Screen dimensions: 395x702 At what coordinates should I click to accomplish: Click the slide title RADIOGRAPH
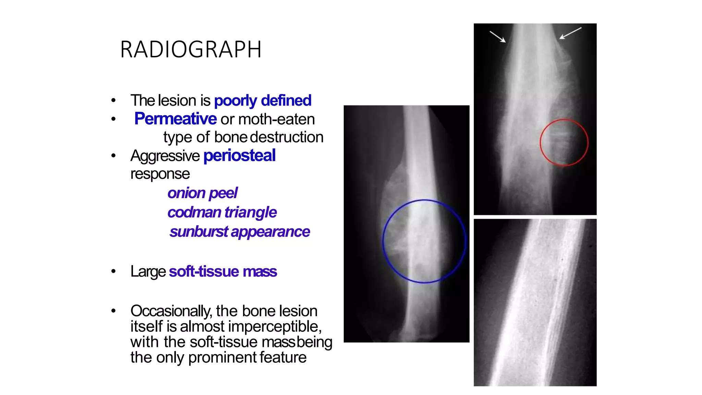click(x=191, y=49)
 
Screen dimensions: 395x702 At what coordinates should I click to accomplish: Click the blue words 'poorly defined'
click(x=263, y=100)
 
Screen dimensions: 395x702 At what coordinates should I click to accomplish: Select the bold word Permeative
click(x=175, y=119)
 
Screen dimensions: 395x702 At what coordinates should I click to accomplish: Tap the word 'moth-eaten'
click(x=276, y=119)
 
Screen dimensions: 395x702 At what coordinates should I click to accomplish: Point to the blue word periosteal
click(x=239, y=155)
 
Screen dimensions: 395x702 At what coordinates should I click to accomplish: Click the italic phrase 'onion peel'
click(x=202, y=193)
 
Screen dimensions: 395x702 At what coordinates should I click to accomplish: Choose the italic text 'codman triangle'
click(x=222, y=212)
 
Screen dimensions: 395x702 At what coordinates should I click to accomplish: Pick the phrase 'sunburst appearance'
click(x=240, y=232)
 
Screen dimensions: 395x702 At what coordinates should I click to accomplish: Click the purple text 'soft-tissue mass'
click(x=223, y=272)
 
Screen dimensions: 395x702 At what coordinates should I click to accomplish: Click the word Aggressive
click(x=165, y=156)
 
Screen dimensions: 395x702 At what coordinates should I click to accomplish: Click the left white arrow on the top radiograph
click(x=497, y=36)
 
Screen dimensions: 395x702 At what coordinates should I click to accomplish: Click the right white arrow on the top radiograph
click(x=570, y=33)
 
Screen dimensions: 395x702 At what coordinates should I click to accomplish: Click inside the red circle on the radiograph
click(x=564, y=143)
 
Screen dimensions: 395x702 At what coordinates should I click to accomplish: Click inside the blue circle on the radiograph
click(x=424, y=241)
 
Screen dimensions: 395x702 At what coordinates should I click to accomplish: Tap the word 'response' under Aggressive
click(x=160, y=174)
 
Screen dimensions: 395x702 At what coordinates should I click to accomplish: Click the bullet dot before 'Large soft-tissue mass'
click(x=113, y=272)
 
